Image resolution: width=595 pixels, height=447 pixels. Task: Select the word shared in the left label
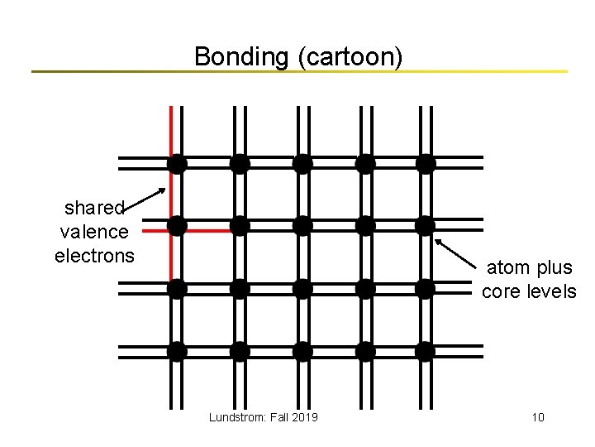[x=94, y=207]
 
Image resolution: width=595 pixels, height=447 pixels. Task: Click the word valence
[x=94, y=232]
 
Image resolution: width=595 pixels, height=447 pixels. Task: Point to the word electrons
[x=94, y=256]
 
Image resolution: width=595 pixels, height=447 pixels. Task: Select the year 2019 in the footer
[x=304, y=417]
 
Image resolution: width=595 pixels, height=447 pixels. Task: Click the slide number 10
[x=538, y=417]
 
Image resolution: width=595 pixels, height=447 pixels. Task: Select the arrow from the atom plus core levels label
[x=458, y=254]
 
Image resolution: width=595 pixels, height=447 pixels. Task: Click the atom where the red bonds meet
[x=177, y=225]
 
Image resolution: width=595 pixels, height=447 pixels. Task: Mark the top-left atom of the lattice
[x=177, y=163]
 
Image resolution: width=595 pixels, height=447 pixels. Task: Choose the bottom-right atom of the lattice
[x=426, y=351]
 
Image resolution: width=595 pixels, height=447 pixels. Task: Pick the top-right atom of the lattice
[x=426, y=163]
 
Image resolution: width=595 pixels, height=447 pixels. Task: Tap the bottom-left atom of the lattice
[x=177, y=351]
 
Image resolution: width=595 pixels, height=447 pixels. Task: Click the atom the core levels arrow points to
[x=426, y=225]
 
